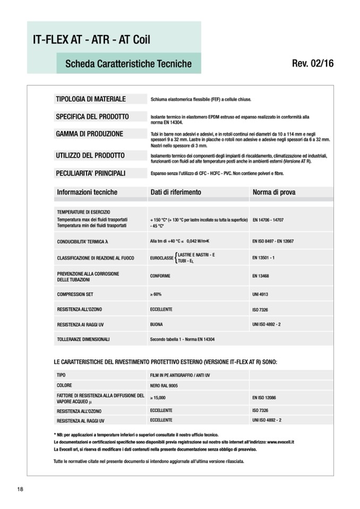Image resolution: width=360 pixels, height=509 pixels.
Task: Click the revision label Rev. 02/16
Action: click(312, 64)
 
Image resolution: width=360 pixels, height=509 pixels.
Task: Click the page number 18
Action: click(20, 489)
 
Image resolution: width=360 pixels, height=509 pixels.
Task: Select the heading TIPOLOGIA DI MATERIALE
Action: click(91, 99)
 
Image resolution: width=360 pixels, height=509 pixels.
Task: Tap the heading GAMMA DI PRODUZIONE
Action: click(89, 134)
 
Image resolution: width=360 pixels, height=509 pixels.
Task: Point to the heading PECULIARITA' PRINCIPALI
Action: click(91, 173)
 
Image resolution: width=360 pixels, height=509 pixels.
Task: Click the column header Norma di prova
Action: click(274, 192)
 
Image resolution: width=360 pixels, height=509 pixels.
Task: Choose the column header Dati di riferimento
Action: click(176, 192)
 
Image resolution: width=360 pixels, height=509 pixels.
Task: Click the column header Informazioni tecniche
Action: click(87, 192)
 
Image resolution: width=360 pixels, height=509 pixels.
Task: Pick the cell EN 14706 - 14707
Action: click(268, 219)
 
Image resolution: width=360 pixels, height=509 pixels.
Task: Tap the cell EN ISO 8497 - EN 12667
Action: click(273, 241)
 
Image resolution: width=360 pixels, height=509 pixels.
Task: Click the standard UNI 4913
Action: click(261, 294)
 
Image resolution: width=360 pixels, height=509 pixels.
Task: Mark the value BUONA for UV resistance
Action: click(157, 324)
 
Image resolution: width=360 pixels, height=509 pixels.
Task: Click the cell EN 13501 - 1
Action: click(263, 258)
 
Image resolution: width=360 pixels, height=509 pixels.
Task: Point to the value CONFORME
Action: click(160, 276)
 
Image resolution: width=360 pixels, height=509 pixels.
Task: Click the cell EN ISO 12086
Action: click(264, 397)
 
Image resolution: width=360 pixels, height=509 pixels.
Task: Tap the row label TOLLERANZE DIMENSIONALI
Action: click(83, 339)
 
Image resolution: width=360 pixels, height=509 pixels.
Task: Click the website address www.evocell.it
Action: click(281, 442)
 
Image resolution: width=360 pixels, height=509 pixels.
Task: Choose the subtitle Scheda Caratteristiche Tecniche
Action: click(128, 64)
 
